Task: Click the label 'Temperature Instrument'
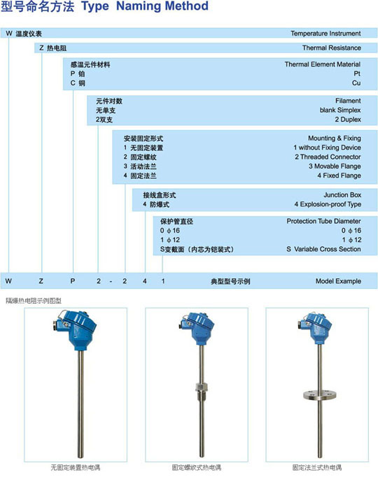point(325,33)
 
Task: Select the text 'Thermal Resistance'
point(331,48)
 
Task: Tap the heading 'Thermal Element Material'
point(322,64)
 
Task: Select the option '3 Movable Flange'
point(334,166)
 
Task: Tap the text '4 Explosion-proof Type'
point(327,204)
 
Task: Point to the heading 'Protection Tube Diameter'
point(323,221)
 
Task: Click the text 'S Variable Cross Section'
point(323,249)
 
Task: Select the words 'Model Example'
point(338,281)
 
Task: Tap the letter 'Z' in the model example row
point(40,281)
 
